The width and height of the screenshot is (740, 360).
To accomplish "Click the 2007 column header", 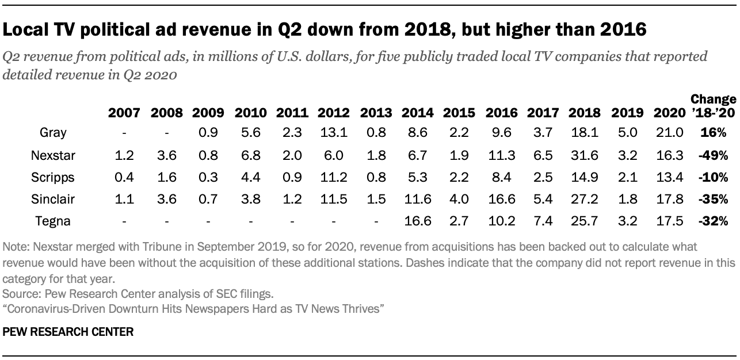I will coord(124,113).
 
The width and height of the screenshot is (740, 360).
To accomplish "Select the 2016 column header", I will coord(501,113).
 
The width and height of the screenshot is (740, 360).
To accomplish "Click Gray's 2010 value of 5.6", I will coord(249,132).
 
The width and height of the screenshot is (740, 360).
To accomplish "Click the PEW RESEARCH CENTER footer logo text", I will coord(68,332).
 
